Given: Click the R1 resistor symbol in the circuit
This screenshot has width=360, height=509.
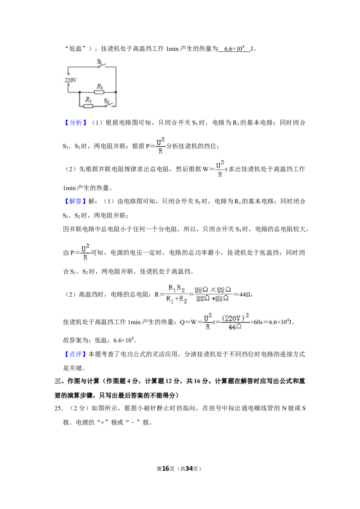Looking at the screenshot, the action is (99, 92).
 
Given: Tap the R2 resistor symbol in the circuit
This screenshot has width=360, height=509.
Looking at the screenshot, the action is (88, 106).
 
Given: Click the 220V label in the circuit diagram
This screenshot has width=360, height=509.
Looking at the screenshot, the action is (71, 80).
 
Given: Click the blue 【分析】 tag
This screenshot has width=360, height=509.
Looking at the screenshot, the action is (76, 123).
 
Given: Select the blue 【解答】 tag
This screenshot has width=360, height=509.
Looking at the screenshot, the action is (76, 201).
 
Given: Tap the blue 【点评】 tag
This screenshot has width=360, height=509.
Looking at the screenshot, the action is (76, 354).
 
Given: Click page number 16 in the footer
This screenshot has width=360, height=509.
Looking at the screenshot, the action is (166, 469).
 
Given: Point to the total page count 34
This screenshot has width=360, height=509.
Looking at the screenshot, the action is (189, 469).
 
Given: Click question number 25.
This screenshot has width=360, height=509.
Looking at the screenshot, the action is (58, 408).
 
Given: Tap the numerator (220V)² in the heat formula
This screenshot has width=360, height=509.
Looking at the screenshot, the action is (235, 317).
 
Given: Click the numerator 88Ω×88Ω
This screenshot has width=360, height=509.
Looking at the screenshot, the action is (213, 289).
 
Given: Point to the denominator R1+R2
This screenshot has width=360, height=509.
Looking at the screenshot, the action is (176, 299).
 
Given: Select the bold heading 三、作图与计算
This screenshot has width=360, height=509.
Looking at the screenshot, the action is (76, 381).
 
